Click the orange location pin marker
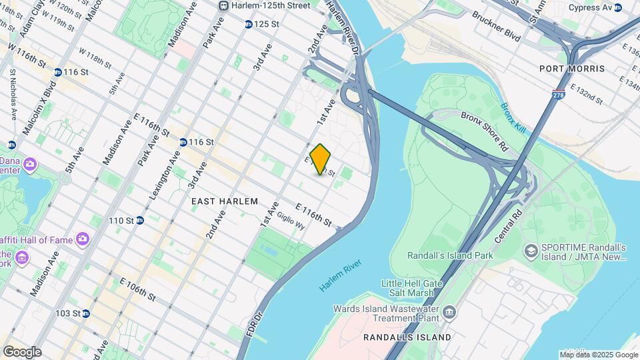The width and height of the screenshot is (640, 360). [321, 159]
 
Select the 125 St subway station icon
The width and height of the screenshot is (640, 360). [248, 24]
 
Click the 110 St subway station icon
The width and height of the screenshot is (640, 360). [140, 220]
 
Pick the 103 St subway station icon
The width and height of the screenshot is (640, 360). [86, 313]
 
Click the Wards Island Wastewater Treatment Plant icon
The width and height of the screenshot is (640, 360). [449, 311]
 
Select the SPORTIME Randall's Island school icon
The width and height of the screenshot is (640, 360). [531, 251]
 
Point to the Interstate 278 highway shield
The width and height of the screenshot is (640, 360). [559, 95]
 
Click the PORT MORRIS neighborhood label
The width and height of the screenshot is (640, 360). [572, 69]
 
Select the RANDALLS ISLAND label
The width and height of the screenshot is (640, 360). [407, 337]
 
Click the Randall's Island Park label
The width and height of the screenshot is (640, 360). [450, 255]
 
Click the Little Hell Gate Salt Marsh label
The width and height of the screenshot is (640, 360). [411, 288]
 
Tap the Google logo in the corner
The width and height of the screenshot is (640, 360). [22, 351]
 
